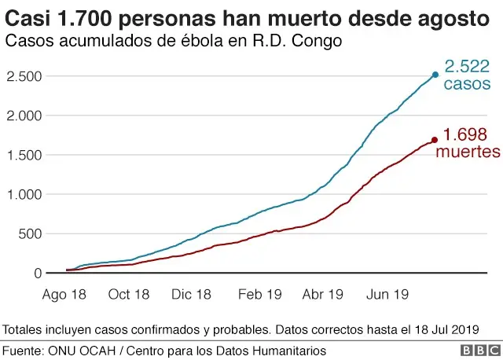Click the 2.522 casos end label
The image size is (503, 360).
pyautogui.click(x=468, y=75)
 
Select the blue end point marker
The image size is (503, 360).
pyautogui.click(x=435, y=75)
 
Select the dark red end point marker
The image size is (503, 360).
pyautogui.click(x=435, y=141)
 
